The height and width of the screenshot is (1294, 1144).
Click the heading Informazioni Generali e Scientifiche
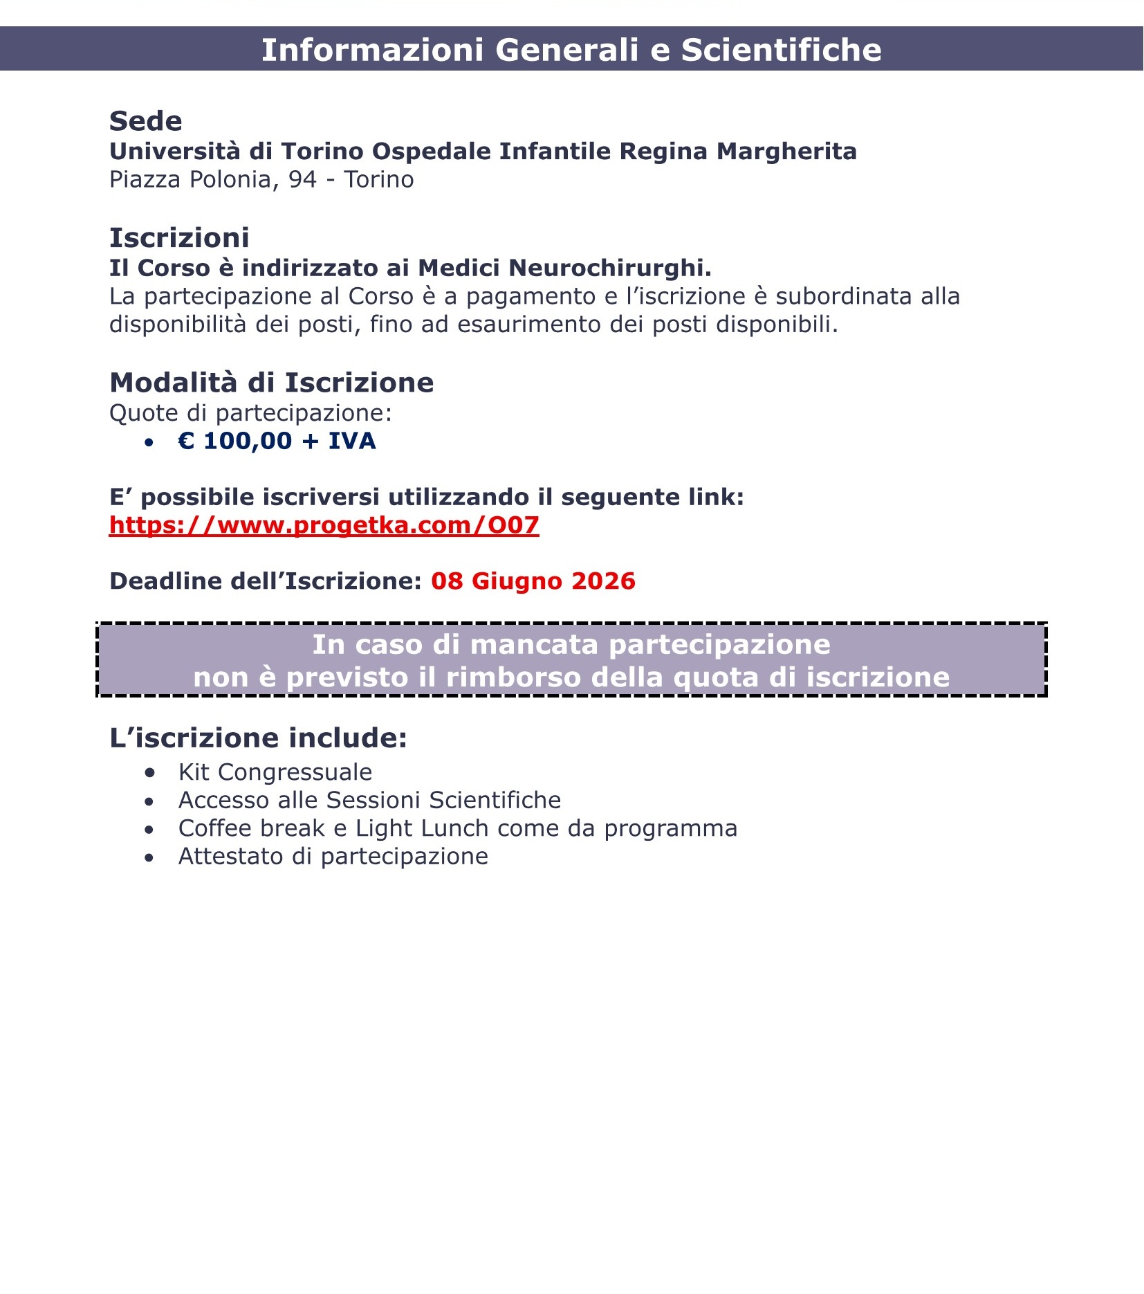571,50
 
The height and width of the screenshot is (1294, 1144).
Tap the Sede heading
146,121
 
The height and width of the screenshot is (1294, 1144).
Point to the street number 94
302,179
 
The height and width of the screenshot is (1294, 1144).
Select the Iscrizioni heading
179,238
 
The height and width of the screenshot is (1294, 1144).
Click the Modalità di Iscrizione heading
271,383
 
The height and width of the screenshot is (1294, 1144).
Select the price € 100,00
234,441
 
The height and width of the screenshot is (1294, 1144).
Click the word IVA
351,441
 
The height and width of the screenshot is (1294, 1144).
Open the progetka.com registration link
324,525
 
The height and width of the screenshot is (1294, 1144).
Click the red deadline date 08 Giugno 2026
533,581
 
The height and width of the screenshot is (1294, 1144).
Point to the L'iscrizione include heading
258,738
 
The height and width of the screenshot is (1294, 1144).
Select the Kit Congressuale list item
275,772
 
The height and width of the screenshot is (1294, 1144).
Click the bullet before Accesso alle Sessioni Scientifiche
149,801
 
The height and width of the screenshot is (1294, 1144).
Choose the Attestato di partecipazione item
333,857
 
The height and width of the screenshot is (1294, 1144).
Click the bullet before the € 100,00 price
149,442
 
